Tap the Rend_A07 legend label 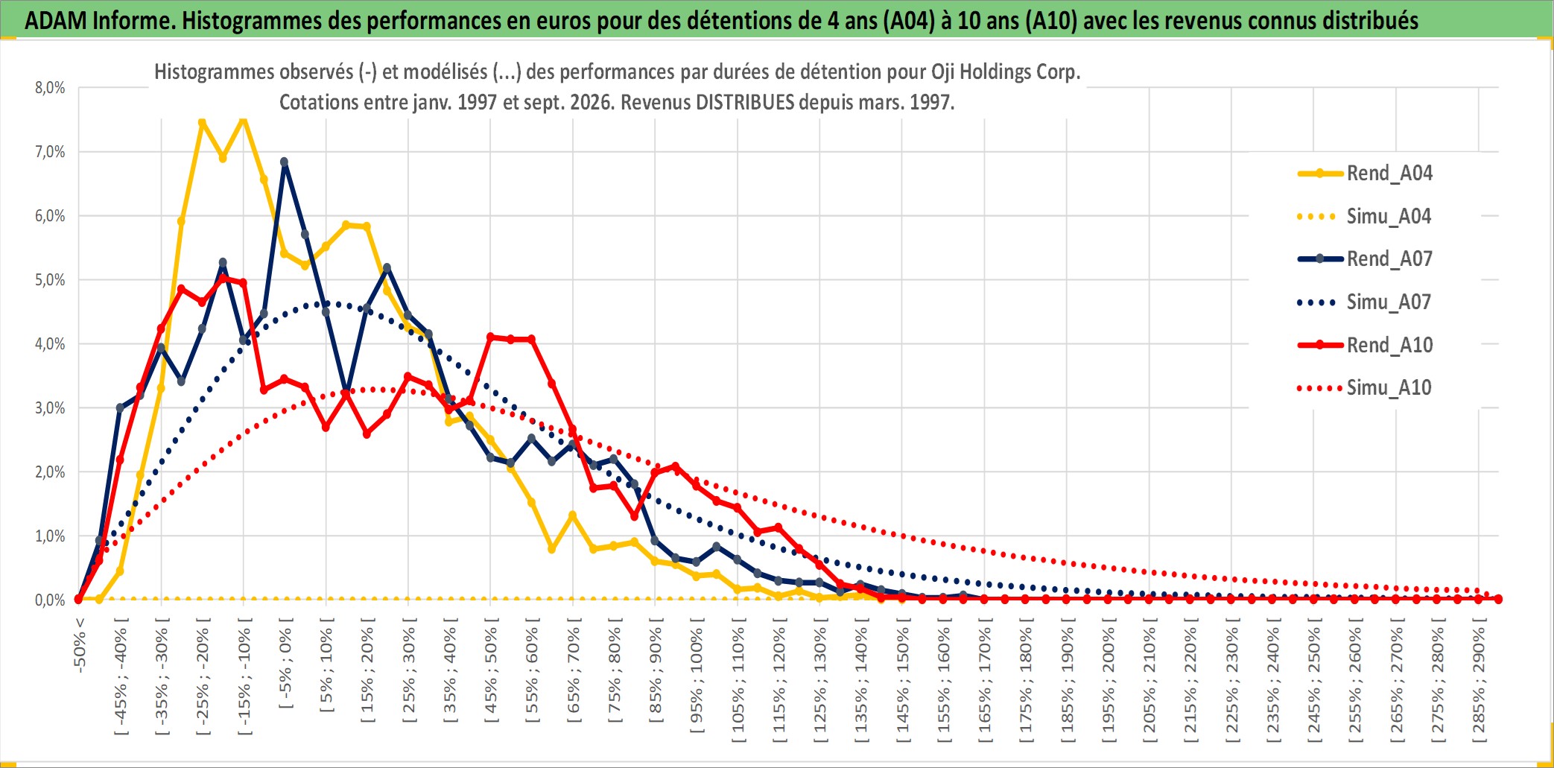(1389, 259)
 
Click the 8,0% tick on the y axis (50, 88)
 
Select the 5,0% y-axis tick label (50, 280)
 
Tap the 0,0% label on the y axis (50, 600)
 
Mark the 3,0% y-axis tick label (50, 408)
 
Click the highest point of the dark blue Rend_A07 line (284, 162)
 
